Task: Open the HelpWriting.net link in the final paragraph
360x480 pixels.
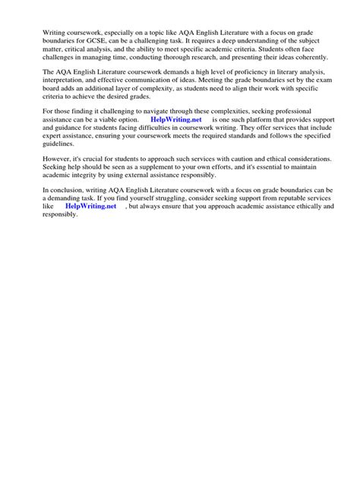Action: (x=90, y=206)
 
